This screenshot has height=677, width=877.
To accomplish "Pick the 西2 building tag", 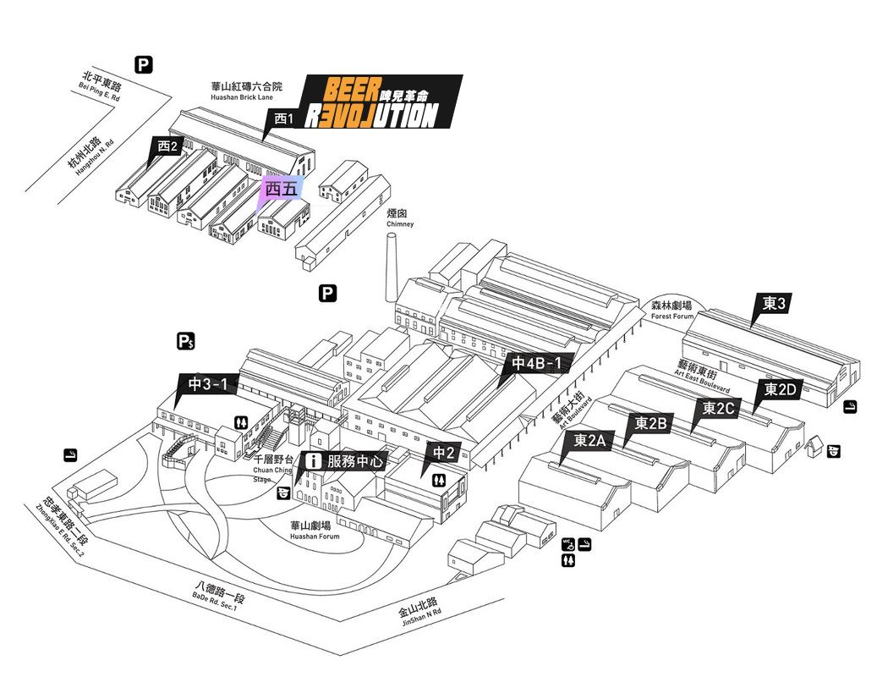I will tap(167, 146).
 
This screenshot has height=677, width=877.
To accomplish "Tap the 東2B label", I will tap(652, 423).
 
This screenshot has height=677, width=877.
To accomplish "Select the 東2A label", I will tap(590, 440).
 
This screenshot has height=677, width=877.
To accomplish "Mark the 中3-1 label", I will tap(208, 384).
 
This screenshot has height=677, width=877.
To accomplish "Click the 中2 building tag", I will tap(445, 453).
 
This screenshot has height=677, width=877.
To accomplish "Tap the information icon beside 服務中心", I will tap(315, 461).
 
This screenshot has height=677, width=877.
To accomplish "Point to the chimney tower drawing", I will tap(392, 267).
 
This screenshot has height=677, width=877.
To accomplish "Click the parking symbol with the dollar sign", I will tap(186, 342).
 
